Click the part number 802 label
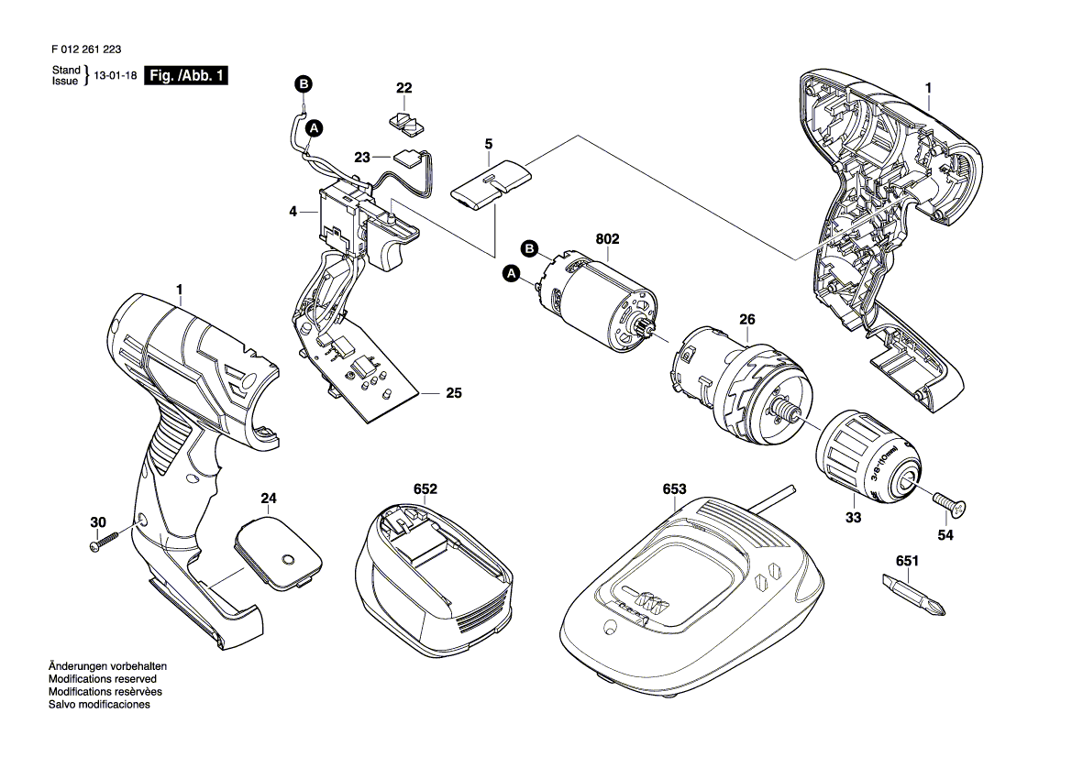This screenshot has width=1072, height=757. click(x=607, y=239)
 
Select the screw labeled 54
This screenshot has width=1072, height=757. click(x=950, y=503)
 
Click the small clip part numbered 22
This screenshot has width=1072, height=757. click(x=403, y=121)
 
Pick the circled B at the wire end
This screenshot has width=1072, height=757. click(x=304, y=85)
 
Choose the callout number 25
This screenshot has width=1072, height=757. click(x=453, y=394)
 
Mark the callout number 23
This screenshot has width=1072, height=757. click(x=360, y=157)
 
